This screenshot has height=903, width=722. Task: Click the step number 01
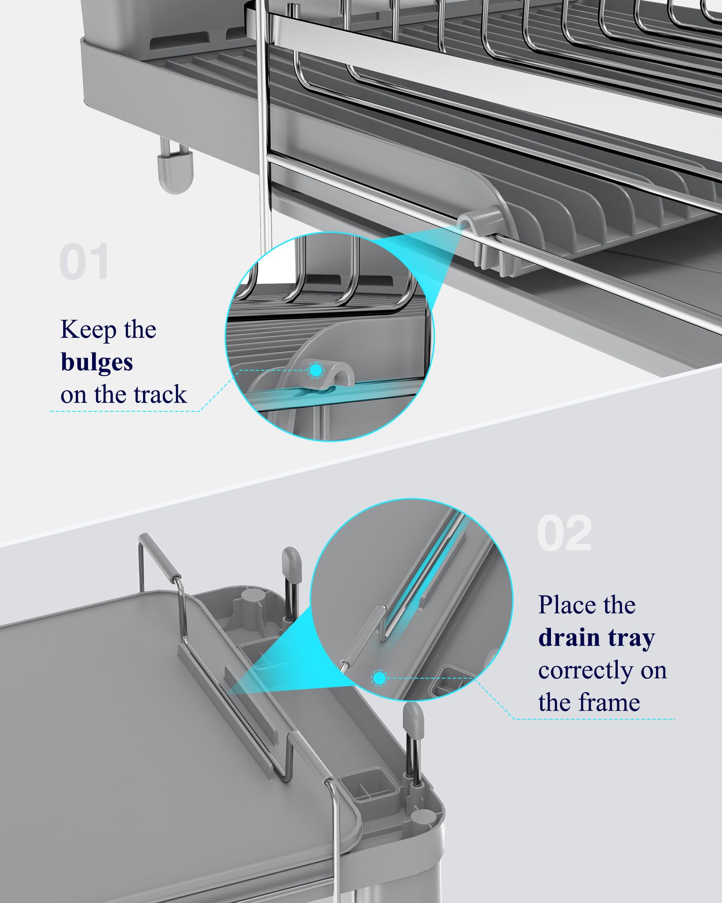pos(84,261)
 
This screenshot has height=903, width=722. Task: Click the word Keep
pos(88,330)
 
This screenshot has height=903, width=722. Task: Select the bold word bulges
pos(97,362)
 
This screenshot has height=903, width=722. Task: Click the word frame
pos(609,703)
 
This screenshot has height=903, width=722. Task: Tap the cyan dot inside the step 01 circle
pos(316,370)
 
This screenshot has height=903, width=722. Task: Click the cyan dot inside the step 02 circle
pos(380,678)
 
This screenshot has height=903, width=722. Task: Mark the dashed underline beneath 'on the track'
pos(124,411)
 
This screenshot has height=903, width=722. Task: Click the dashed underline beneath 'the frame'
pos(595,719)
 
